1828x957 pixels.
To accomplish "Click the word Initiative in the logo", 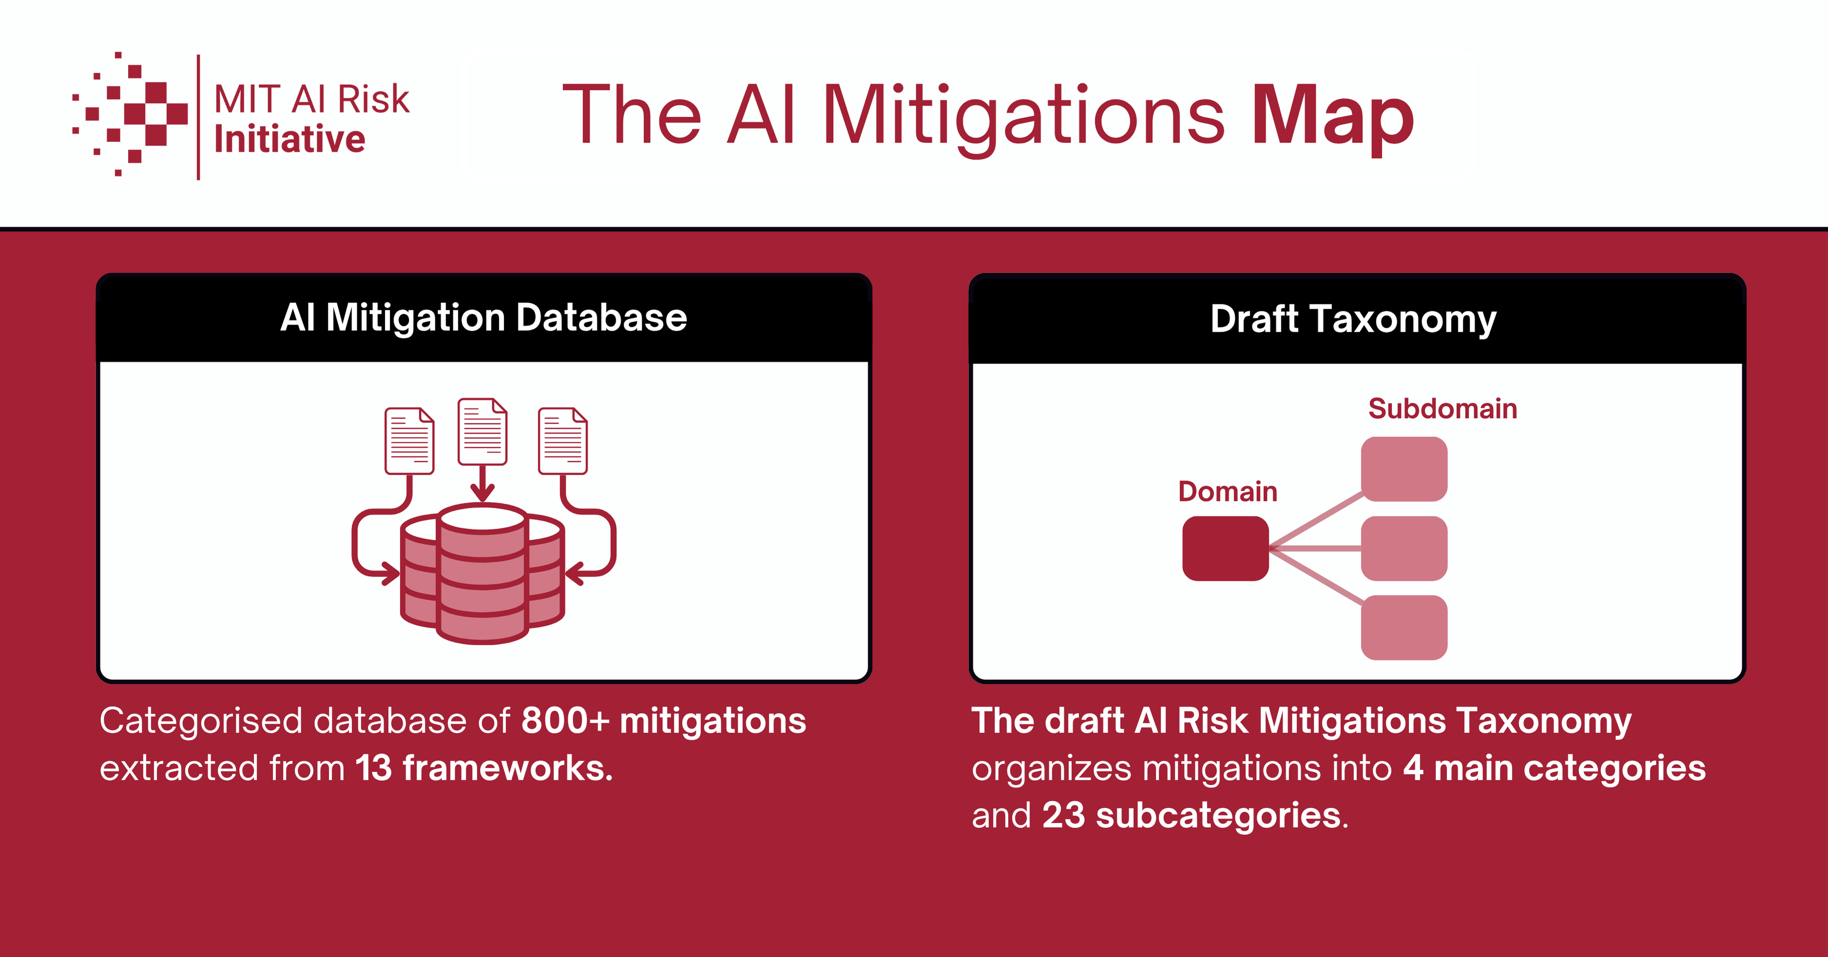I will pyautogui.click(x=290, y=139).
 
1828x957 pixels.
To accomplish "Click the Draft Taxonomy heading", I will pyautogui.click(x=1353, y=319).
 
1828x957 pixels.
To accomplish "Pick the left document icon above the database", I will pyautogui.click(x=409, y=440).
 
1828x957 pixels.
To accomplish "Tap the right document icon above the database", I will pyautogui.click(x=563, y=440).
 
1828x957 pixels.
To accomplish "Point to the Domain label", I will pyautogui.click(x=1227, y=491).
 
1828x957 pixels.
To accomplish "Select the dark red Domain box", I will pyautogui.click(x=1225, y=548).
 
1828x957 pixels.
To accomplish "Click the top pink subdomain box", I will pyautogui.click(x=1403, y=469).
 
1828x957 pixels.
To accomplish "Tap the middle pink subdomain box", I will pyautogui.click(x=1403, y=548).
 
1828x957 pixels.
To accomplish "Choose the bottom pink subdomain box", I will pyautogui.click(x=1403, y=628).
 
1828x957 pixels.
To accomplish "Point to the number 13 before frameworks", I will pyautogui.click(x=373, y=768).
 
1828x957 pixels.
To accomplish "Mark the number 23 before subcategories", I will pyautogui.click(x=1063, y=815).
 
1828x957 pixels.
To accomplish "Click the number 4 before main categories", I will pyautogui.click(x=1413, y=768).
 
